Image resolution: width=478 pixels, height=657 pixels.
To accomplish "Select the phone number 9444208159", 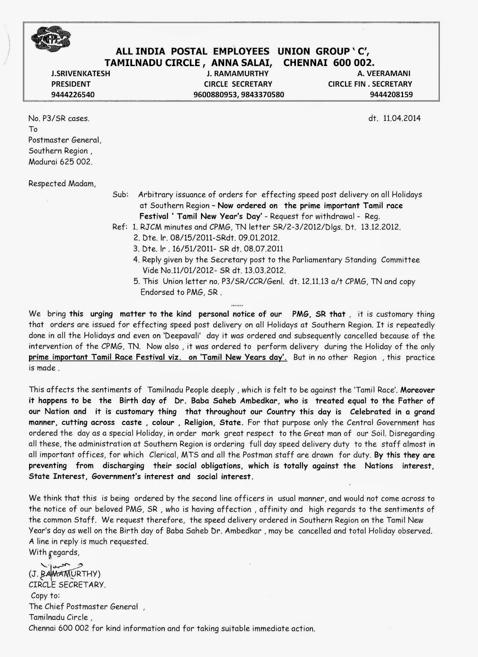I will tap(391, 94).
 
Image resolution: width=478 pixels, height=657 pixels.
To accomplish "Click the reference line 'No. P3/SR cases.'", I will tap(58, 119).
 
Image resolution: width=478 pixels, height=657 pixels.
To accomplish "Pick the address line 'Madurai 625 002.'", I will tap(60, 162).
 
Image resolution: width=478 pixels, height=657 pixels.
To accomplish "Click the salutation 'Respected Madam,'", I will tap(62, 184).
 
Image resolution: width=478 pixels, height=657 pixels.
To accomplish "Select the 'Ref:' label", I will tap(120, 227).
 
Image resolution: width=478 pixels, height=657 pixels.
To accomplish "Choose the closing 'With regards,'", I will tap(54, 552).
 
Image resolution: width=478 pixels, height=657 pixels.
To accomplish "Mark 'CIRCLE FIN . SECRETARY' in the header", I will tap(369, 84).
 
